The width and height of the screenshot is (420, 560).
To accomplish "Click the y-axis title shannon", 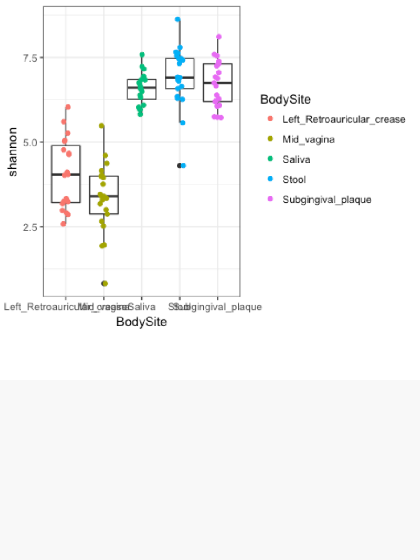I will coord(13,151).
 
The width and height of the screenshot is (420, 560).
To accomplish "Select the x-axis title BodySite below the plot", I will coord(141,322).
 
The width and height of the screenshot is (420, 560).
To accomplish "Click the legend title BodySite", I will coord(285,99).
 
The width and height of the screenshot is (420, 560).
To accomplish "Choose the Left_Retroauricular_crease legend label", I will coord(344,120).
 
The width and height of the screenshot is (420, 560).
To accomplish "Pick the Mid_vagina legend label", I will coord(309,140).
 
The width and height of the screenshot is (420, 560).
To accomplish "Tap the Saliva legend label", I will coord(296,159).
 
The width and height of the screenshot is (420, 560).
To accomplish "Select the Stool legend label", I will coord(294,180).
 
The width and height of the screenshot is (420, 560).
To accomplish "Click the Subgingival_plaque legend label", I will coord(327,200).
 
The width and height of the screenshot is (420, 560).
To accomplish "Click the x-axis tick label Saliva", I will coord(141,307).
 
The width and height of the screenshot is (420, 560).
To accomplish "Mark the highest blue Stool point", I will coord(177,20).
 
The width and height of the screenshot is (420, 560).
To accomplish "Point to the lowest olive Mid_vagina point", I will coord(105,284).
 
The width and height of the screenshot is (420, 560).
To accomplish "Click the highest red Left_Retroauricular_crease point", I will coord(68,107).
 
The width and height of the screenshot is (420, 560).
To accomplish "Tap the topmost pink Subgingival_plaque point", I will coord(218,37).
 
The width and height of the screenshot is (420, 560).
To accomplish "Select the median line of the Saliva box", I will coord(142,88).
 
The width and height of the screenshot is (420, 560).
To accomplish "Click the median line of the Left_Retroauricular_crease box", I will coord(66,174).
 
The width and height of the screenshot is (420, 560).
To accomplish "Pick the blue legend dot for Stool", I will coord(270,180).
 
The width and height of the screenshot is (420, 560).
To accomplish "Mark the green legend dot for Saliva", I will coord(270,159).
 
